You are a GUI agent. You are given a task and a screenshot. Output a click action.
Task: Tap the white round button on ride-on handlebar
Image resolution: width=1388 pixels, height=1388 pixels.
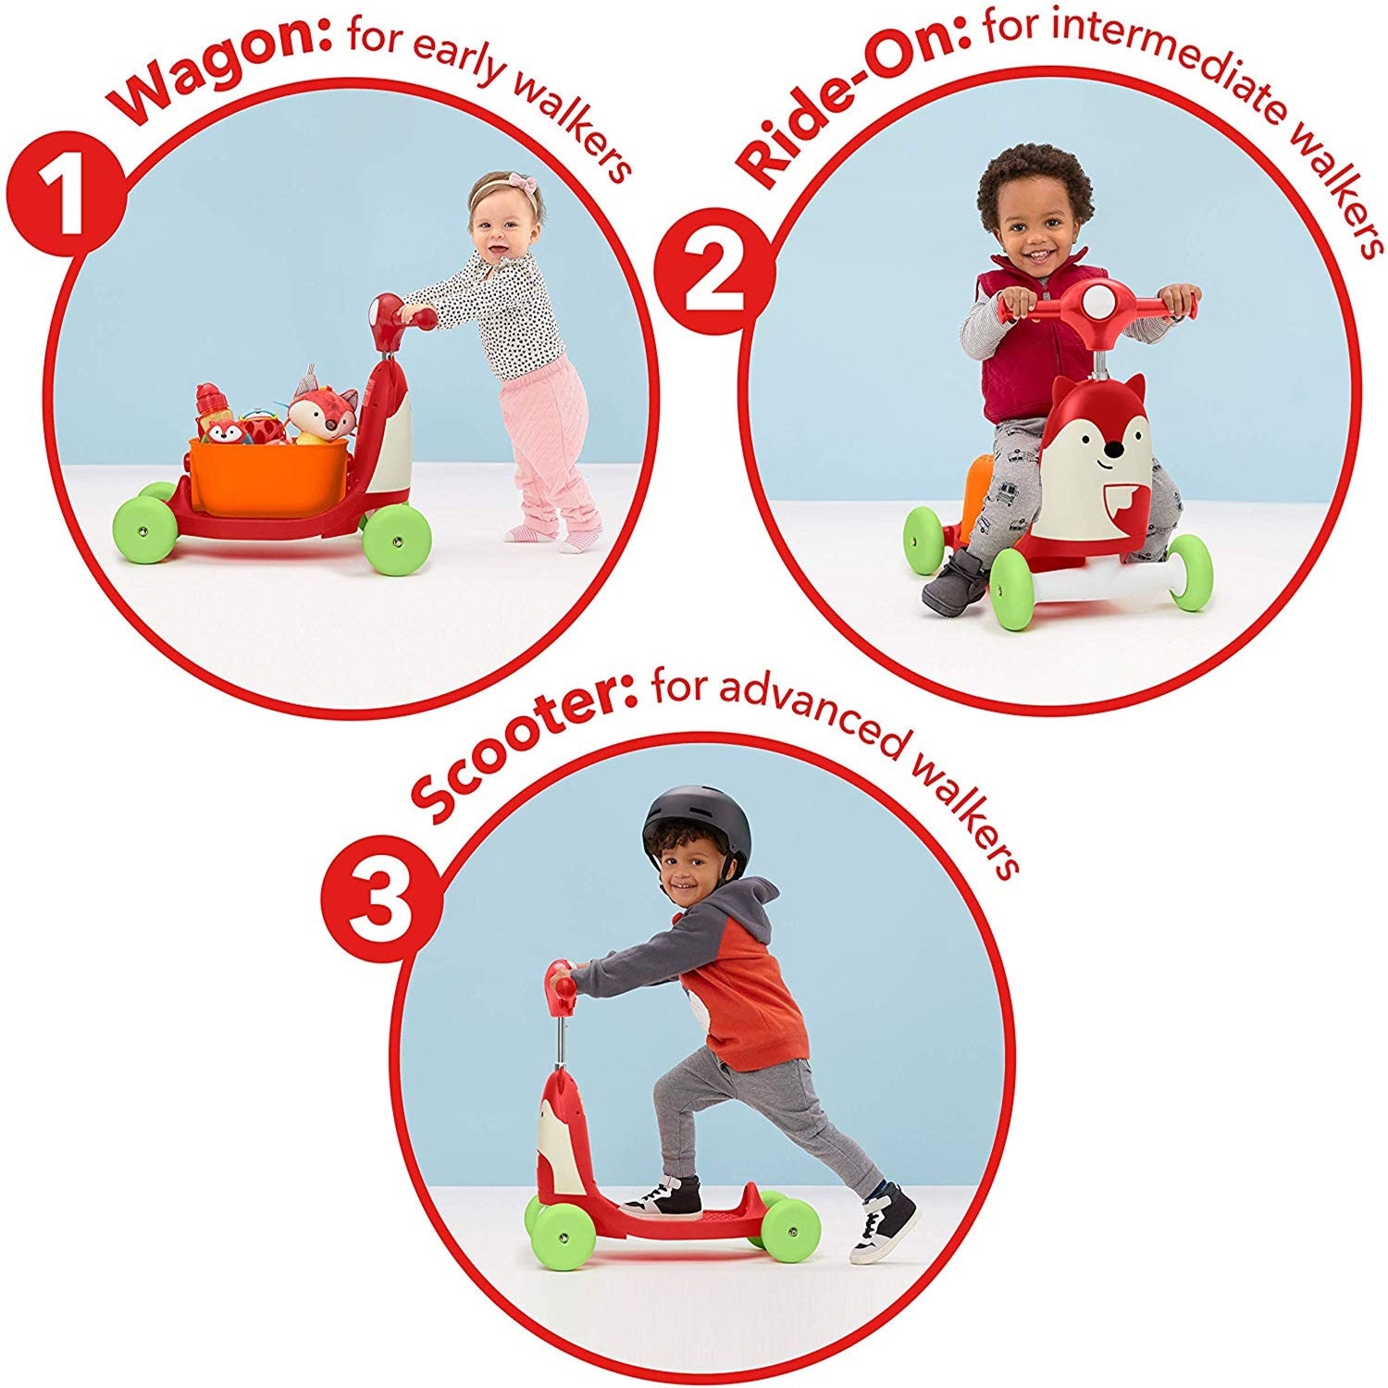pos(1096,302)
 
